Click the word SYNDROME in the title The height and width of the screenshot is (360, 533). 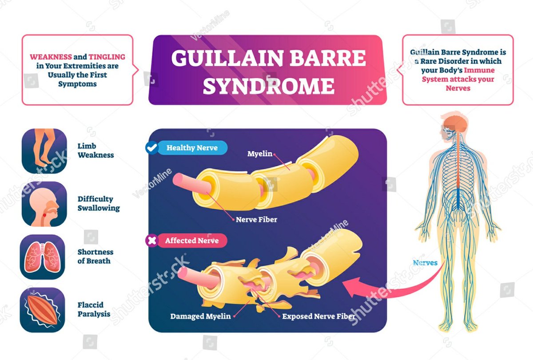[268, 86]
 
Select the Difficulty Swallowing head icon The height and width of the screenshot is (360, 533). [44, 204]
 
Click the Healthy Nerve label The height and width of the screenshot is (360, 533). [192, 148]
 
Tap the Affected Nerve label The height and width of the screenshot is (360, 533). [192, 241]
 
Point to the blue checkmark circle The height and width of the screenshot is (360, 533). [151, 148]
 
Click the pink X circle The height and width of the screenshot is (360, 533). [152, 241]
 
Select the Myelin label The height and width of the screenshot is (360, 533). [260, 154]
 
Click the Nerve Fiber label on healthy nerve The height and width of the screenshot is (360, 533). [256, 219]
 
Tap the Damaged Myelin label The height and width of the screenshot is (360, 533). [200, 316]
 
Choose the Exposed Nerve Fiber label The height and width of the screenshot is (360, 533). [318, 316]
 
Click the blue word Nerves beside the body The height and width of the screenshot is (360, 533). [425, 262]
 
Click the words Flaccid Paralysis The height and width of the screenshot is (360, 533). [94, 309]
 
